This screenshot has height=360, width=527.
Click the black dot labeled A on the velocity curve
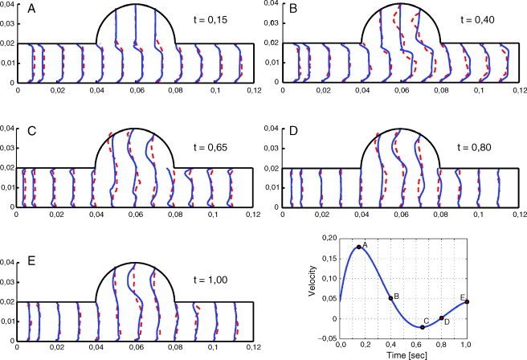click(358, 247)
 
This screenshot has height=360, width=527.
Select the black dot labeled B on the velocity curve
click(390, 298)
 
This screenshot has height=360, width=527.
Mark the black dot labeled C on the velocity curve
click(423, 327)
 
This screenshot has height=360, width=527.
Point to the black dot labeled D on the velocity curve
click(441, 318)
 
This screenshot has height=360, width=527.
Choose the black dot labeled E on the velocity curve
click(467, 301)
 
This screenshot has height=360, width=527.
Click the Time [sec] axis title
click(403, 354)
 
